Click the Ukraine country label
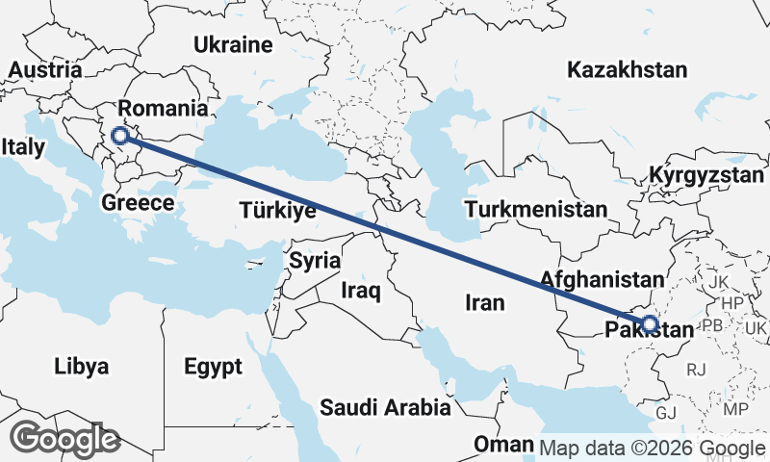point(234,44)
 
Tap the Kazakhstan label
point(628,69)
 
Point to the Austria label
point(44,70)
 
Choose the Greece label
point(138,203)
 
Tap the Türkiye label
point(278,211)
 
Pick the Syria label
point(315,260)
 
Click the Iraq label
point(362,289)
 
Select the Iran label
point(484,302)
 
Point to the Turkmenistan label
point(535,209)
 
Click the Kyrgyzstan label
point(706,175)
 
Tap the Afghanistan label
point(603,280)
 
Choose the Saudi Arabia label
point(386,407)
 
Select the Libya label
point(81,367)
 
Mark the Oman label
point(503,445)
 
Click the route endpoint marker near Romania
point(120,136)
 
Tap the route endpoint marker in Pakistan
point(649,323)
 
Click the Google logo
point(64,439)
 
